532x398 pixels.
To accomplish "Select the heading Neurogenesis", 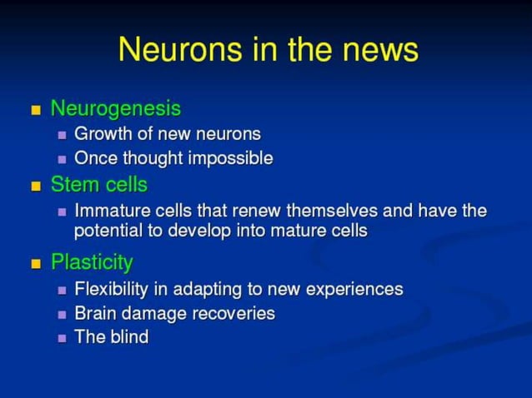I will (x=115, y=109).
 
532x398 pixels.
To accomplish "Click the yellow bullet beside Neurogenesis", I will (x=36, y=110).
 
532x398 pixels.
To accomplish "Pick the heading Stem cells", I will (x=98, y=183).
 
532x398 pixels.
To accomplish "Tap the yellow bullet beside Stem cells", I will (x=36, y=184).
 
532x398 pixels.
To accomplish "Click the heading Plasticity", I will (x=92, y=263).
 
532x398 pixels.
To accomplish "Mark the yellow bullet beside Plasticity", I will (x=36, y=264).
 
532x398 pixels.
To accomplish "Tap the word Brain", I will (x=94, y=314).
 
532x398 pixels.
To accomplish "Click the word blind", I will (x=127, y=337).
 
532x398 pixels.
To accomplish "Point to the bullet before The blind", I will (x=62, y=338).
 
